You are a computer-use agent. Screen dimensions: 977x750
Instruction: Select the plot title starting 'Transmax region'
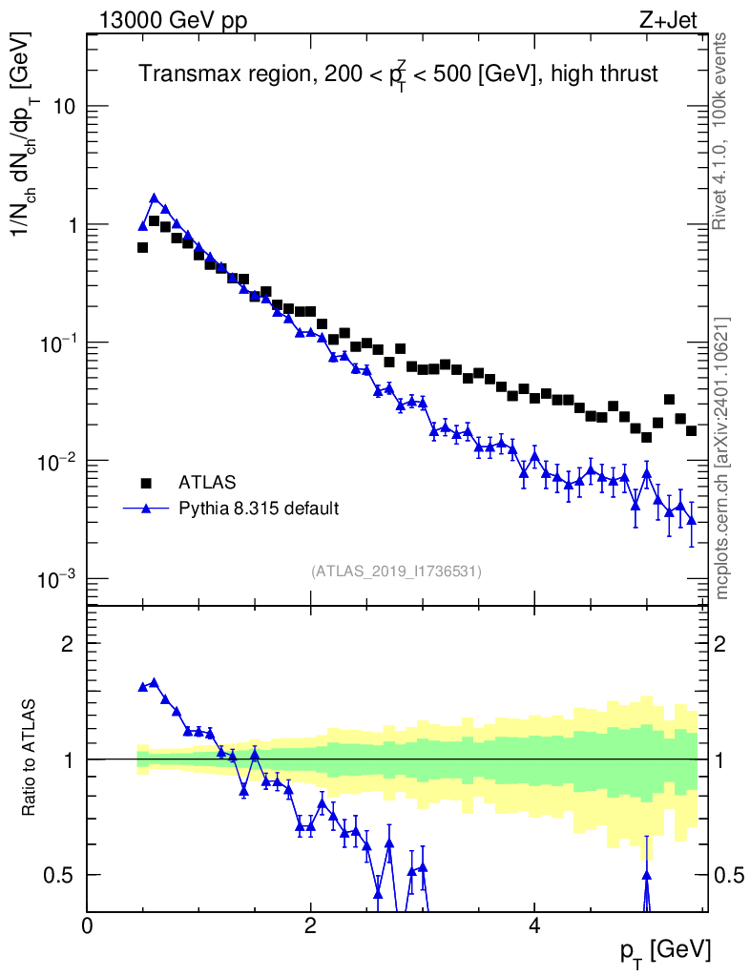pos(399,74)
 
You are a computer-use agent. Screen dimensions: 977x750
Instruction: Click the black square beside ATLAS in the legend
pos(146,482)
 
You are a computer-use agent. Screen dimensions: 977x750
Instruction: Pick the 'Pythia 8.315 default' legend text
pos(258,508)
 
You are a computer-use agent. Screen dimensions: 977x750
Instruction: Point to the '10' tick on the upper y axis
pos(64,107)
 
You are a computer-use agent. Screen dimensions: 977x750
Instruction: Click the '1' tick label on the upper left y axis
pos(70,225)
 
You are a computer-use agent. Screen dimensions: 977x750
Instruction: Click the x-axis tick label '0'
pos(88,925)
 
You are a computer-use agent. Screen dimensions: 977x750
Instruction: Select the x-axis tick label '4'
pos(534,925)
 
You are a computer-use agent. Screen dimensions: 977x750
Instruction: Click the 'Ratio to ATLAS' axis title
pos(30,759)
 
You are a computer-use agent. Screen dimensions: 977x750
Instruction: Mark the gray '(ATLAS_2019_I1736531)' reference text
pos(396,572)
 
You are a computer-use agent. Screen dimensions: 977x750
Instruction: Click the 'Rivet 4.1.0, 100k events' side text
pos(721,131)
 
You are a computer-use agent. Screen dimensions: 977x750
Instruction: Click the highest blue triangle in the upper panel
pos(154,198)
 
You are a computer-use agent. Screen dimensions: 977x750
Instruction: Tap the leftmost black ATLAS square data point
pos(142,247)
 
